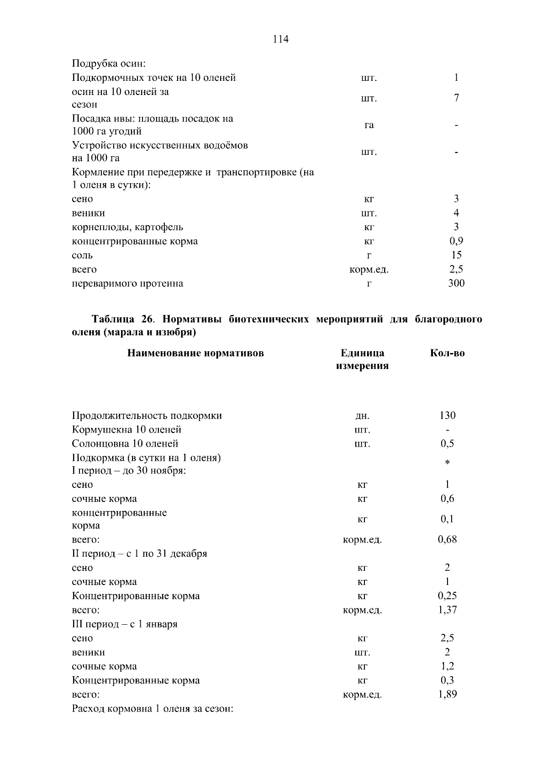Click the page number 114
(280, 39)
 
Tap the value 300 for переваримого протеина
(456, 283)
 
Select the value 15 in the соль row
(456, 255)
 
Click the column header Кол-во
(447, 353)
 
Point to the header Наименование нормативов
(195, 353)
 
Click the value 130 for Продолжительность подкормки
(447, 415)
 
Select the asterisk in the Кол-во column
(447, 463)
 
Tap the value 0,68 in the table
(447, 539)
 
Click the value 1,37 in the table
(447, 610)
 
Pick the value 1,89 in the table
(447, 694)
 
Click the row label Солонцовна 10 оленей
(125, 443)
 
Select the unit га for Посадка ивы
(369, 125)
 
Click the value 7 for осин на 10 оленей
(456, 98)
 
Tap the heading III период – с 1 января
(125, 624)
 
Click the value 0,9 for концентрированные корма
(456, 241)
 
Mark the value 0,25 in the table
(447, 596)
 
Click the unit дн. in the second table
(362, 416)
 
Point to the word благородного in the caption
(448, 319)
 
